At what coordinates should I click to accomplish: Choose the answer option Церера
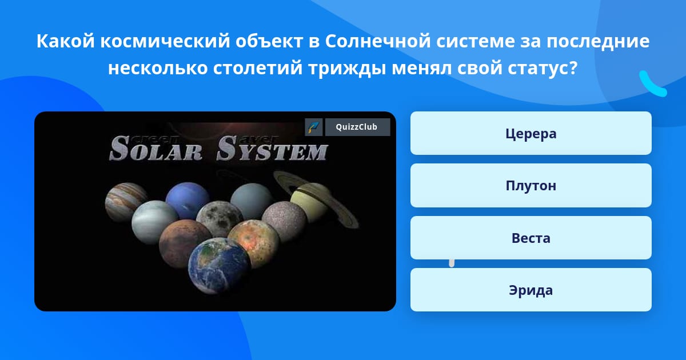(x=531, y=133)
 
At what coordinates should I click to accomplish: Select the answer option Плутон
(x=531, y=186)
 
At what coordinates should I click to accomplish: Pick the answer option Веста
(x=531, y=238)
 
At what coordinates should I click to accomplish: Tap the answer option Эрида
(x=531, y=290)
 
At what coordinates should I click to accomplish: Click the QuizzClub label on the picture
(x=357, y=127)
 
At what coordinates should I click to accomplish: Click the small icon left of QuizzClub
(x=314, y=127)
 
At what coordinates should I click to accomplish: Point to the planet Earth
(x=220, y=265)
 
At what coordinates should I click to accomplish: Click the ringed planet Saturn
(x=316, y=201)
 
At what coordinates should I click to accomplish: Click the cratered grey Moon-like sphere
(x=220, y=219)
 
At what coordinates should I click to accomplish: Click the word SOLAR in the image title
(x=156, y=149)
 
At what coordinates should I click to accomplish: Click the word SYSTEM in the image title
(x=272, y=149)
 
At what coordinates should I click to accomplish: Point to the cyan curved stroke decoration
(x=652, y=84)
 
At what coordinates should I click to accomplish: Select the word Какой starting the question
(x=66, y=41)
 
